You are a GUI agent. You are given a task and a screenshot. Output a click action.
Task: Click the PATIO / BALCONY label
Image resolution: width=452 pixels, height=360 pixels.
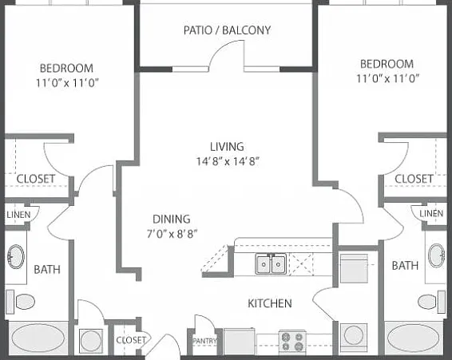227,30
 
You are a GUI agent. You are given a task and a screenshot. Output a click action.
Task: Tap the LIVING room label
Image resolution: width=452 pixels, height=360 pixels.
227,146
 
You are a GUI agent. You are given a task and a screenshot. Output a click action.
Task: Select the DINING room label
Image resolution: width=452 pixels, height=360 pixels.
172,219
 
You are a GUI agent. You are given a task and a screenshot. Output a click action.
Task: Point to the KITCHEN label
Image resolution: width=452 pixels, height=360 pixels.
270,303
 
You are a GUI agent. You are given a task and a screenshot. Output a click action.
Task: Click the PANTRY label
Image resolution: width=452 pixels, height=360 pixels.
204,341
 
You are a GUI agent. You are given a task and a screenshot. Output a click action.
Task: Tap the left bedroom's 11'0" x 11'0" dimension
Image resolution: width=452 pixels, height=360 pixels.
67,83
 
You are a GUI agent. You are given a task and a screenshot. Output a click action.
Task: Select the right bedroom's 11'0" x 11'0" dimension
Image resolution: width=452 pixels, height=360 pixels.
388,78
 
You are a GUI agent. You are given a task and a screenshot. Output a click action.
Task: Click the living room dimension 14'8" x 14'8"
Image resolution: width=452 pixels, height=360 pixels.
228,161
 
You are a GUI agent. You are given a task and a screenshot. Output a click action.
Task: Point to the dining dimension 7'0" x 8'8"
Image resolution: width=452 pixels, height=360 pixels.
172,234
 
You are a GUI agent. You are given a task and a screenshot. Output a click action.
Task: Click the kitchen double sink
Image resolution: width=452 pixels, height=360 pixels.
271,263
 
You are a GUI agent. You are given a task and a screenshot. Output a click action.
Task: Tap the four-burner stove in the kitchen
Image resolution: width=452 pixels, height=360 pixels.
292,342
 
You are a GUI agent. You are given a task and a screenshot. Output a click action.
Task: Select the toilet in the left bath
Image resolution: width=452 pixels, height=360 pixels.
21,302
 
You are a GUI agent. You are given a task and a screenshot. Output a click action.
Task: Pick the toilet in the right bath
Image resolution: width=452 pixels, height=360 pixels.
431,302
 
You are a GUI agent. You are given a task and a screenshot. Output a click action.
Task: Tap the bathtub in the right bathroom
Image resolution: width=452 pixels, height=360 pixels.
414,338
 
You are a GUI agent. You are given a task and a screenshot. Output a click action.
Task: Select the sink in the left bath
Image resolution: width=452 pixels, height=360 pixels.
16,256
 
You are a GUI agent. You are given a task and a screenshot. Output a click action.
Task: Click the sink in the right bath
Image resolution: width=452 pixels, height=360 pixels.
437,255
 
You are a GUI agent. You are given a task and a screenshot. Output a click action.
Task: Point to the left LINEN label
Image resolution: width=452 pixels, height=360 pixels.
18,215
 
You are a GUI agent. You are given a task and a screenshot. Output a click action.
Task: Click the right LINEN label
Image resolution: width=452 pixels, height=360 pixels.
431,214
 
